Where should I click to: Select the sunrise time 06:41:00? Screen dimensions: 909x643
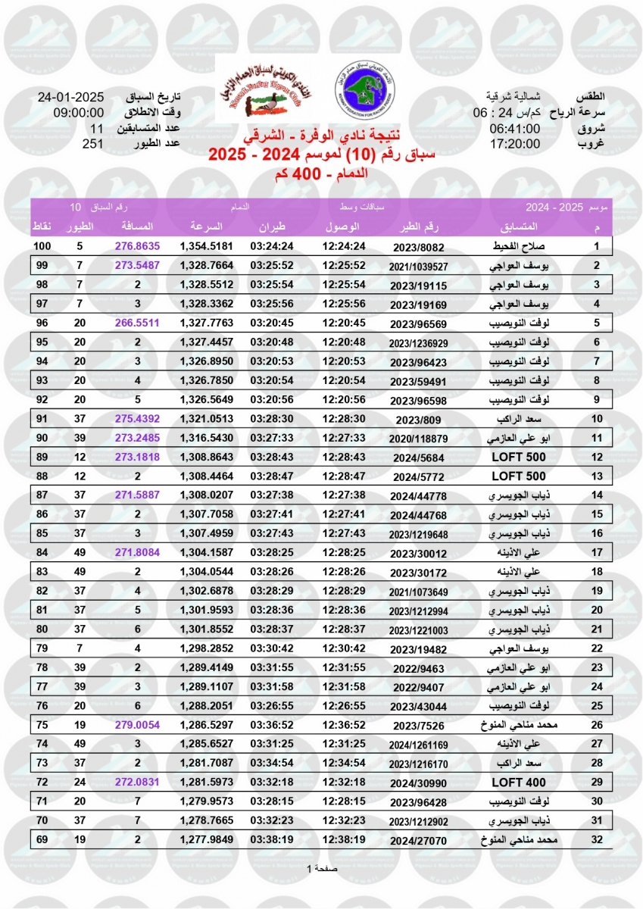tap(514, 129)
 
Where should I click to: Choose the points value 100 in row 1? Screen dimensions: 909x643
tap(42, 247)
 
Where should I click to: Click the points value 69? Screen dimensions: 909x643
tap(42, 840)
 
